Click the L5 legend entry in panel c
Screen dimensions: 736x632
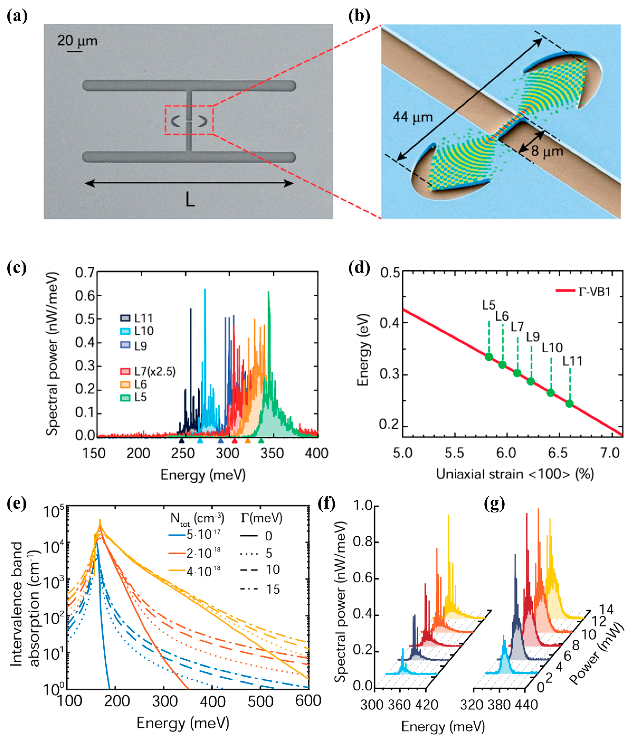point(134,397)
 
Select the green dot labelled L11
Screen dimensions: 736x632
point(569,404)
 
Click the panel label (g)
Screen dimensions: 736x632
point(494,504)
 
